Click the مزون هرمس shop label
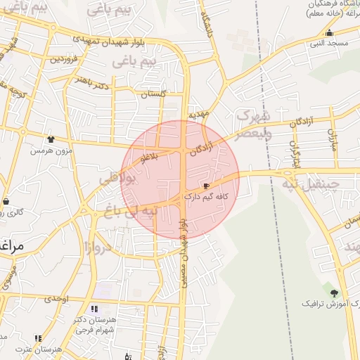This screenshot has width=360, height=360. [46, 150]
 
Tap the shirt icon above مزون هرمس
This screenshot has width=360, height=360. [50, 139]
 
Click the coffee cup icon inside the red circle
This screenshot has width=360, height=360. [205, 187]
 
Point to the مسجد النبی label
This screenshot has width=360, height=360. [326, 43]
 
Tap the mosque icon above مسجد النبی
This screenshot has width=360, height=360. [329, 32]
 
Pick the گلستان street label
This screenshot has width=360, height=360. [153, 94]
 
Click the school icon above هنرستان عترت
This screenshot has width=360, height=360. [38, 338]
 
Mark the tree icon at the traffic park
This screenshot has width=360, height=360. [334, 292]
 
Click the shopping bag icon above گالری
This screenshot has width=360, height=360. [6, 201]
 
